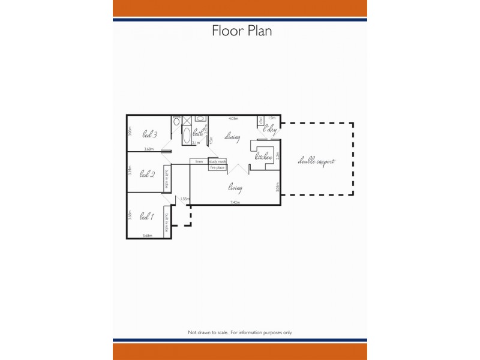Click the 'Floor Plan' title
242,31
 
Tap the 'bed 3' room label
149,134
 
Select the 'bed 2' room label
148,175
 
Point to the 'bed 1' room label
146,216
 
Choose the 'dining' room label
232,137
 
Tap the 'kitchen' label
264,157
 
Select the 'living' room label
235,188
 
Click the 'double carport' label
316,161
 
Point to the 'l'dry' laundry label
270,128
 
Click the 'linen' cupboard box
199,161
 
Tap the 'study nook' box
217,161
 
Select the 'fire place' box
217,168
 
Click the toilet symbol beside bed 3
176,122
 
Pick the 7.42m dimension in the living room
235,203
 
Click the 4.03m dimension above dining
233,119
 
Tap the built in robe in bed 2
167,178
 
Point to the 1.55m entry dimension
185,199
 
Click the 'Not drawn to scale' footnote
240,332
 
